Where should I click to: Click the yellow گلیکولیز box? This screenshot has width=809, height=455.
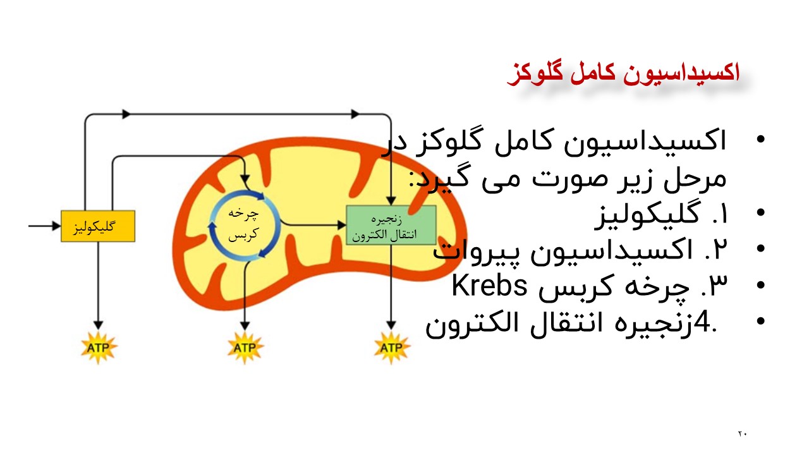point(98,226)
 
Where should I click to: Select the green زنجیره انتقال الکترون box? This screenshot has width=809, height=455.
point(391,225)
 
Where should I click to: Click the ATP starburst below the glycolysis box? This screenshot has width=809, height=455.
point(98,347)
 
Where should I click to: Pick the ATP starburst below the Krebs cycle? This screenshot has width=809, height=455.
point(245,347)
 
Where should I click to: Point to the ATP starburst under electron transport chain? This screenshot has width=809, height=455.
point(391,347)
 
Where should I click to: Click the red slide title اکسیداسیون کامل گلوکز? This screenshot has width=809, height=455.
point(623,73)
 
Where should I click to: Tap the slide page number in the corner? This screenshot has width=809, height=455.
point(742,434)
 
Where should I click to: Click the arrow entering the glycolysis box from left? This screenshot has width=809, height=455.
point(44,225)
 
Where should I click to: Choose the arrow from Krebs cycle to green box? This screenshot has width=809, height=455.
point(313,224)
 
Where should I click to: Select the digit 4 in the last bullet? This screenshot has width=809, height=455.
point(702,324)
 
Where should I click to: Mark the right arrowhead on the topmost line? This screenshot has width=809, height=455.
point(355,114)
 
